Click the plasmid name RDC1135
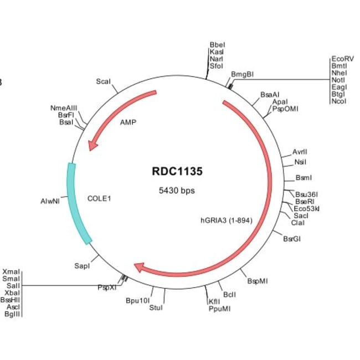click(177, 171)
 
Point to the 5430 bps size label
click(177, 191)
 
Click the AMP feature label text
click(128, 123)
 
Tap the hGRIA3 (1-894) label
click(226, 220)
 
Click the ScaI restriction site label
click(104, 81)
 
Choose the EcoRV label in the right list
click(342, 59)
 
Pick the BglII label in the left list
click(13, 314)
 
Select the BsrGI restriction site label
click(292, 239)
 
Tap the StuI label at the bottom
click(156, 307)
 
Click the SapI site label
click(83, 266)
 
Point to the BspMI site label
click(257, 281)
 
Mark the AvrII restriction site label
click(300, 152)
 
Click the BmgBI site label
click(242, 74)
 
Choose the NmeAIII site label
click(64, 108)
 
